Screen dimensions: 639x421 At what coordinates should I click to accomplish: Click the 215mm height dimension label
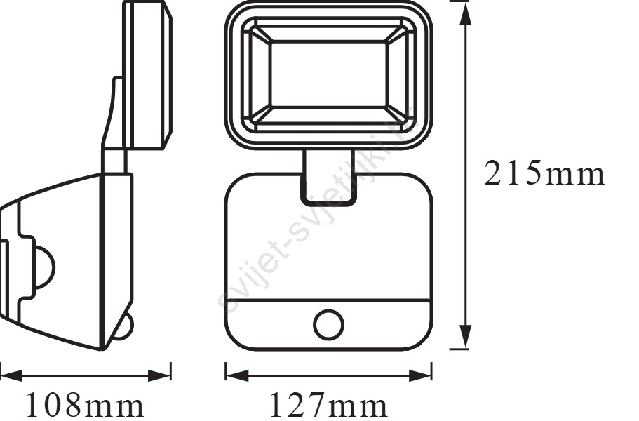(x=544, y=173)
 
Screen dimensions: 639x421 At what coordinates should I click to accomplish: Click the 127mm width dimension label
(x=328, y=406)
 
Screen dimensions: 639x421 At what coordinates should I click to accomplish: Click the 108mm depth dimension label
(x=85, y=406)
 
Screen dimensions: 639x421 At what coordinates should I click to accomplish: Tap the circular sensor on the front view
(x=328, y=325)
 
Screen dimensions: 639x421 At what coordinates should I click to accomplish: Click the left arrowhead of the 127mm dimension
(x=237, y=376)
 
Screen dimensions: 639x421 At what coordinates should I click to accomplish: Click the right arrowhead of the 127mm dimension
(x=420, y=376)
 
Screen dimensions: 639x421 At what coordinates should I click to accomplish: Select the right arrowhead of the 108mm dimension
(x=159, y=376)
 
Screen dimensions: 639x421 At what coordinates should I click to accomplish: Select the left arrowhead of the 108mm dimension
(x=11, y=376)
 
